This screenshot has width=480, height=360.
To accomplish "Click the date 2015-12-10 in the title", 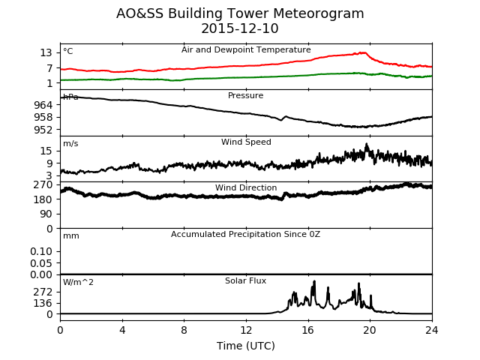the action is click(240, 28).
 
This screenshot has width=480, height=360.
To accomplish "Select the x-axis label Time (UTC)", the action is click(246, 346).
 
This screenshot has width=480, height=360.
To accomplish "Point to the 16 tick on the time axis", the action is click(308, 330).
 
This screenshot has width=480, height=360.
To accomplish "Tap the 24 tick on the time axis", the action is click(432, 330).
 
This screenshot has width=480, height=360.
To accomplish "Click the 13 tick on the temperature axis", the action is click(46, 53).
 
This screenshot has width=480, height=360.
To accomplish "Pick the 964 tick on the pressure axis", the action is click(43, 105).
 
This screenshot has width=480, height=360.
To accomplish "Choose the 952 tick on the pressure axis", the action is click(43, 130).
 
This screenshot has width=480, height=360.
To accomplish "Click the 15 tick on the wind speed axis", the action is click(46, 151).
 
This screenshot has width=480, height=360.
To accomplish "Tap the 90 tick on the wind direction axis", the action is click(46, 214).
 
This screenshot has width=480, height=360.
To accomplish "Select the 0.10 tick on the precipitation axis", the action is click(41, 252).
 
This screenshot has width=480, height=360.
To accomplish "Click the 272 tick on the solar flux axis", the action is click(43, 292).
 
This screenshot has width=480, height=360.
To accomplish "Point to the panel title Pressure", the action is click(245, 95).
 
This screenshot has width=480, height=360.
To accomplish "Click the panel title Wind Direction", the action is click(246, 187).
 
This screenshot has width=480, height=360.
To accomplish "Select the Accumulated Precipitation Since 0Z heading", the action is click(245, 234).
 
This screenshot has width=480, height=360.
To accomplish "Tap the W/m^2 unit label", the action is click(78, 282).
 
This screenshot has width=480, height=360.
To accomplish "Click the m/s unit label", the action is click(70, 143).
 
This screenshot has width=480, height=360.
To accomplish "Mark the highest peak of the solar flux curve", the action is click(314, 281).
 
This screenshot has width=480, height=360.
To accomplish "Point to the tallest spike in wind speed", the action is click(367, 143).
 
